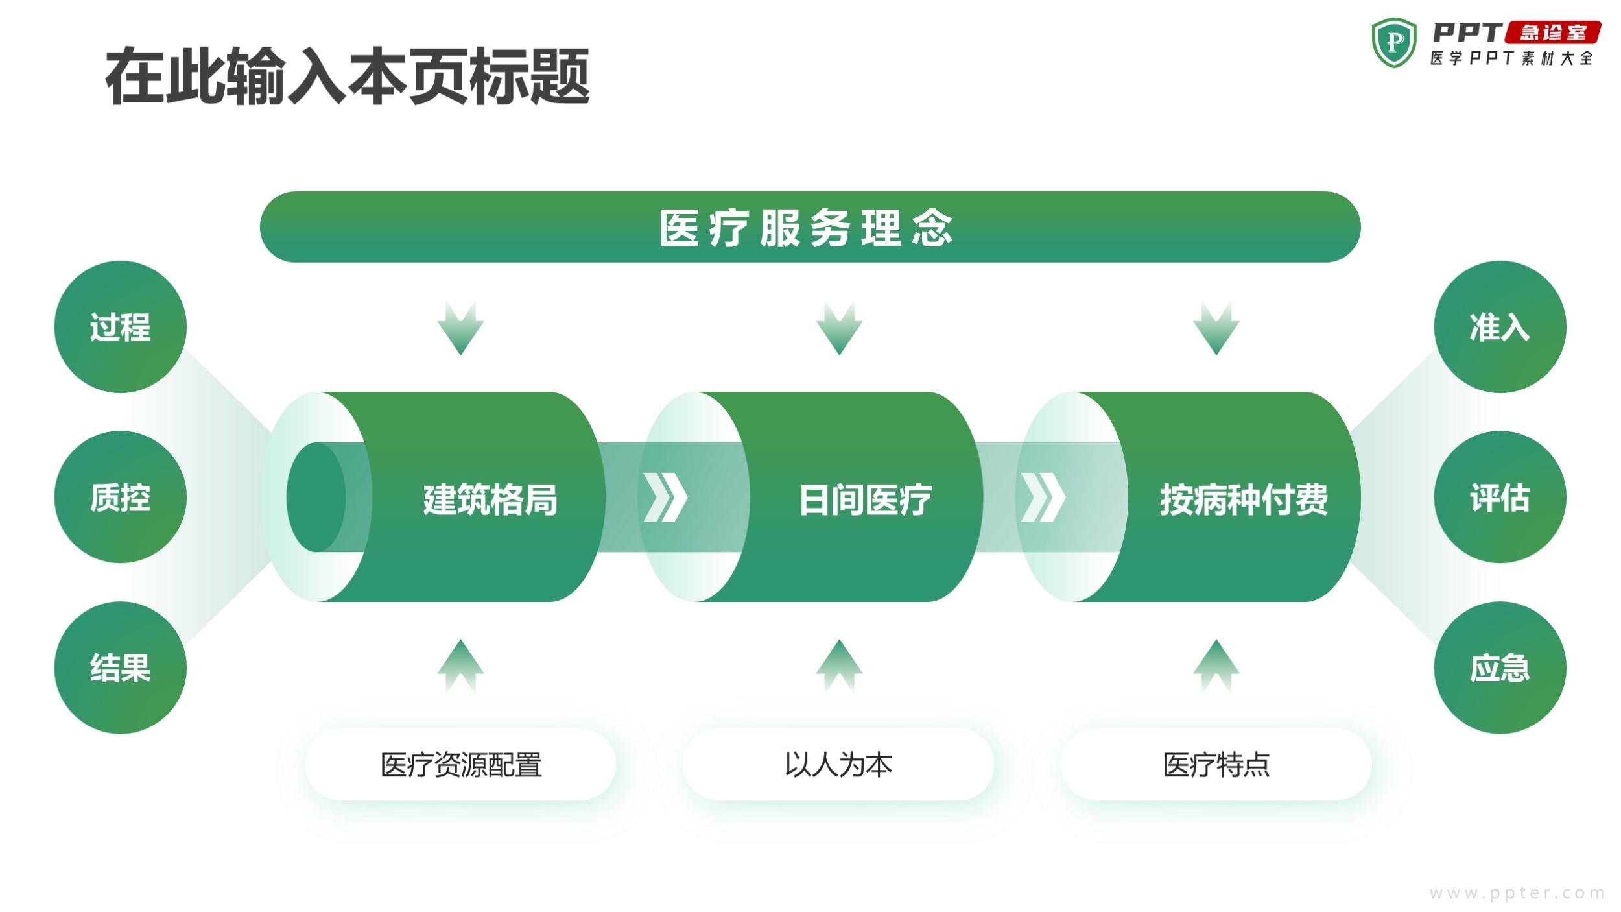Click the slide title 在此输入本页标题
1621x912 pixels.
pyautogui.click(x=348, y=77)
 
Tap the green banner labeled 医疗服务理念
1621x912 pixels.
pyautogui.click(x=810, y=227)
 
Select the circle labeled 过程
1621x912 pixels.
pyautogui.click(x=121, y=327)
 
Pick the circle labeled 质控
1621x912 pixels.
pyautogui.click(x=121, y=498)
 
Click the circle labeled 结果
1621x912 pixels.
pyautogui.click(x=121, y=667)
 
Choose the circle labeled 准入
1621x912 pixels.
pyautogui.click(x=1500, y=327)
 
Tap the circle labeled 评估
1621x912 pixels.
pyautogui.click(x=1500, y=498)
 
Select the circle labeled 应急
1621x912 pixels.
pyautogui.click(x=1500, y=667)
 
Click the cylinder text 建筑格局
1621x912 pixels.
pyautogui.click(x=490, y=499)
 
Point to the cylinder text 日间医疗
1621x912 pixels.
pyautogui.click(x=866, y=499)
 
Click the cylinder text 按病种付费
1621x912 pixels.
pyautogui.click(x=1244, y=499)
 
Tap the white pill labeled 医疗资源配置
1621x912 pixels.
pyautogui.click(x=460, y=764)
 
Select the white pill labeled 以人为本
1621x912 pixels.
pyautogui.click(x=838, y=764)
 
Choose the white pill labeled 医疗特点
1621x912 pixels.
pyautogui.click(x=1216, y=764)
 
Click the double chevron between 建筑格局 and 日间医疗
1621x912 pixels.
pyautogui.click(x=665, y=498)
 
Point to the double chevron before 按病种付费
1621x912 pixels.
pyautogui.click(x=1043, y=498)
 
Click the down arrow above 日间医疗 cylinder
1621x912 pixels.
pyautogui.click(x=839, y=328)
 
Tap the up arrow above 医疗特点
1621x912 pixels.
pyautogui.click(x=1216, y=666)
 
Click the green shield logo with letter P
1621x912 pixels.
pyautogui.click(x=1394, y=43)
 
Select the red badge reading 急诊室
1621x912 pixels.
pyautogui.click(x=1552, y=32)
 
